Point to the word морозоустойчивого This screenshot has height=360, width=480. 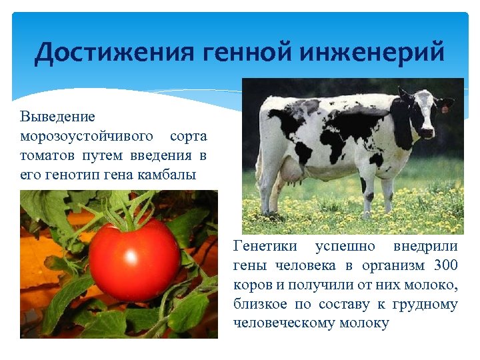87,137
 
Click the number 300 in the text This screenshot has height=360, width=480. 445,265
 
